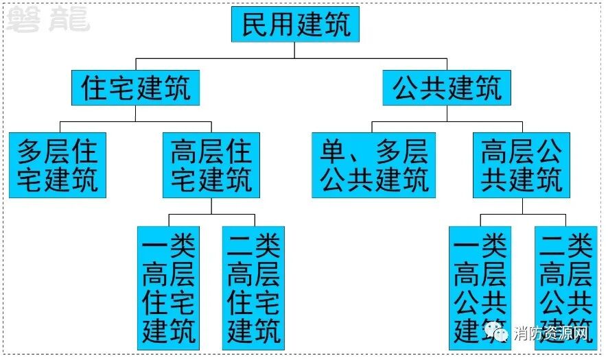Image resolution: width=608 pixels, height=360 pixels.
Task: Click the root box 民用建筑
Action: [x=295, y=25]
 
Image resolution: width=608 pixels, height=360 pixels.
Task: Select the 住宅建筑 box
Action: [x=135, y=88]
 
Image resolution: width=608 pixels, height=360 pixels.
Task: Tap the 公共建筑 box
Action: [x=447, y=88]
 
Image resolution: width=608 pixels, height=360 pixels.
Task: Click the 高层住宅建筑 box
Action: [x=211, y=165]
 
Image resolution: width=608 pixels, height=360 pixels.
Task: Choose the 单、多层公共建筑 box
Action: [x=373, y=165]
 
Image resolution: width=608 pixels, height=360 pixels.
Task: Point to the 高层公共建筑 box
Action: [x=522, y=165]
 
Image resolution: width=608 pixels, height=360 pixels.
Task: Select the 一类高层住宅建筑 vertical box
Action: [x=168, y=287]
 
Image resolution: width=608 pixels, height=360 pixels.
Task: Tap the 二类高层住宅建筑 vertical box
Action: [x=253, y=287]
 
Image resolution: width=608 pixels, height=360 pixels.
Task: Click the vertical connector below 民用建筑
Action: [x=295, y=50]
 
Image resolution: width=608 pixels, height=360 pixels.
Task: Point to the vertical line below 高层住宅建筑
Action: [x=211, y=206]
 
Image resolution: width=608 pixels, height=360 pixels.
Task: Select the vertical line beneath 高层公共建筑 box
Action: [x=522, y=206]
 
